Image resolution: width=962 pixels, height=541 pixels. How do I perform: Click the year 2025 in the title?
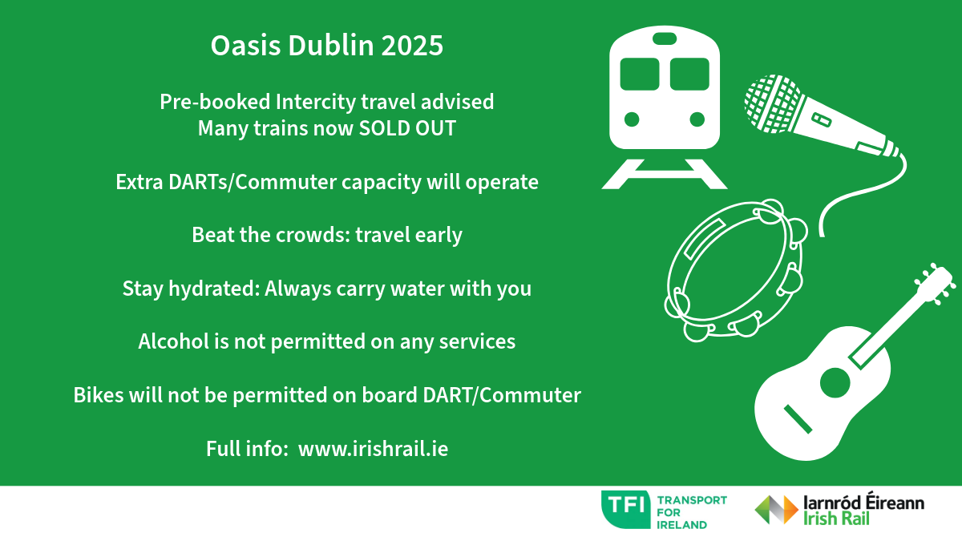[x=412, y=46]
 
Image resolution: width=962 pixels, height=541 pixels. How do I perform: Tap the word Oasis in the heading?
[x=245, y=46]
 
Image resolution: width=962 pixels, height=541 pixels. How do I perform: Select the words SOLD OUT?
[x=407, y=128]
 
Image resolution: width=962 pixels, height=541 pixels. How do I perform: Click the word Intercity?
[x=316, y=103]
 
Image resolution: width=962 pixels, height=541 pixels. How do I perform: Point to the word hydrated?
[x=214, y=288]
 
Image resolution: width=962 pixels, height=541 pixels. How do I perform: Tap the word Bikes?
[x=99, y=395]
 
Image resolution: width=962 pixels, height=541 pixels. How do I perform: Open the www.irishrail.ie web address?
[x=374, y=449]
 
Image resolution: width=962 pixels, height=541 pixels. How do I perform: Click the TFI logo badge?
[x=626, y=510]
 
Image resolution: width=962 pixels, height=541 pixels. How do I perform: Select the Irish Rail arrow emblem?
[x=777, y=510]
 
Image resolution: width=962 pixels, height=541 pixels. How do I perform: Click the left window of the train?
[x=640, y=75]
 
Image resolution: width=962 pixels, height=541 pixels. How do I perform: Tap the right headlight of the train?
[x=697, y=119]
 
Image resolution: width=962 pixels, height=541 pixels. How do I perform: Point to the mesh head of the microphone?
[x=773, y=103]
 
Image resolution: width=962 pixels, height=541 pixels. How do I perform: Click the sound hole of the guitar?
[x=835, y=382]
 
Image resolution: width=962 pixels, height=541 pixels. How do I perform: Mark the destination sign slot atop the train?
[x=665, y=38]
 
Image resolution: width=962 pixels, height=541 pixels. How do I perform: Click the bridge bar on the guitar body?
[x=798, y=419]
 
